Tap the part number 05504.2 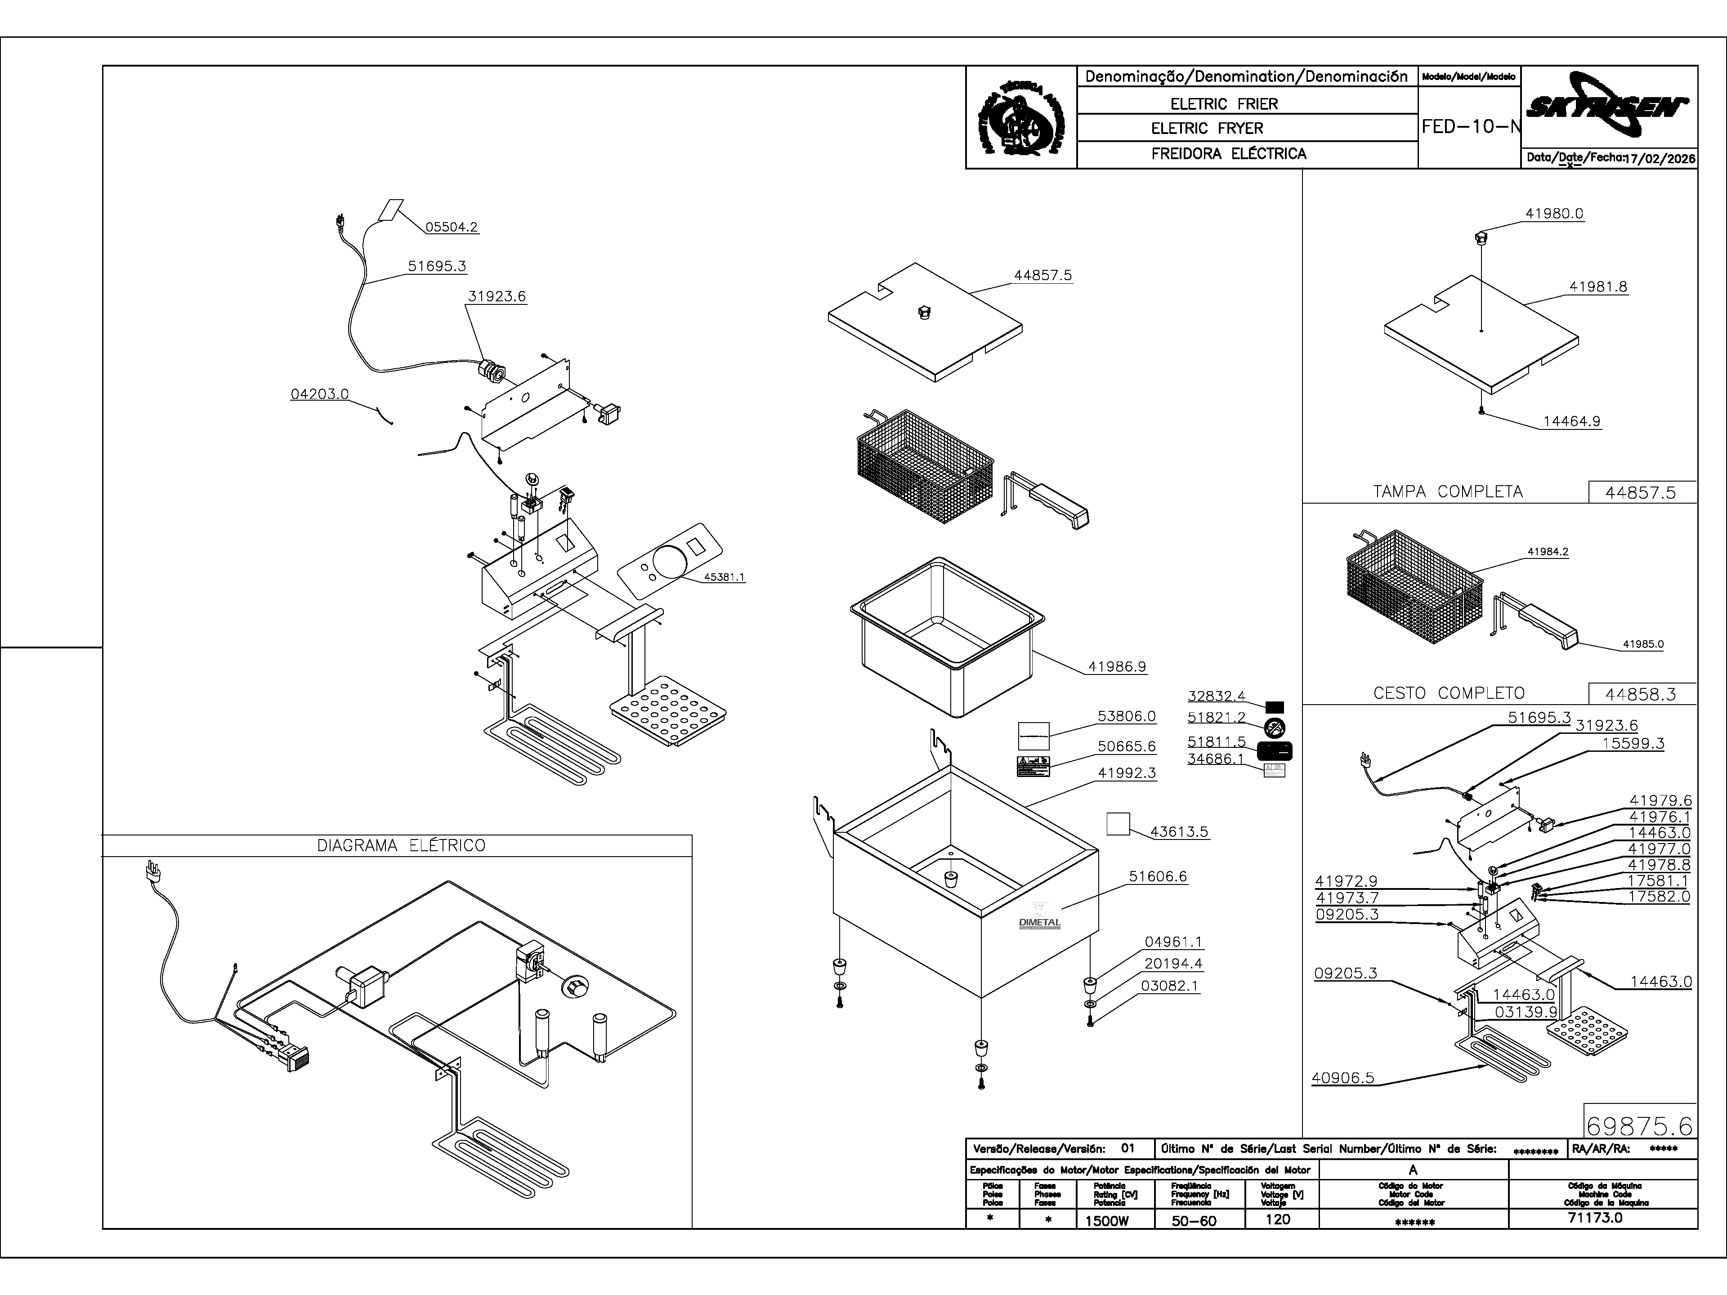point(451,227)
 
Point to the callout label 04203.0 point(319,394)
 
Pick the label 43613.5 point(1179,832)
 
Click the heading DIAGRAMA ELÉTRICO point(401,845)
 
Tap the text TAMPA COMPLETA point(1448,492)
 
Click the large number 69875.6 point(1639,1125)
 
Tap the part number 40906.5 point(1342,1078)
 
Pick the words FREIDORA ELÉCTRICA point(1228,154)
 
